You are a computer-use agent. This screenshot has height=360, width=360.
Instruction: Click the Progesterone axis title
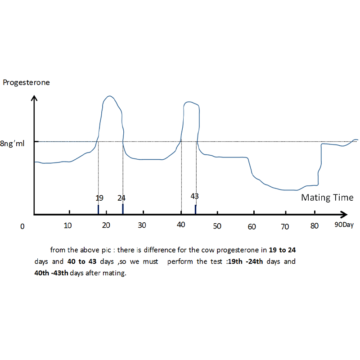pos(26,82)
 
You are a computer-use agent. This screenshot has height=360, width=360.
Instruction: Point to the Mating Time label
pos(327,198)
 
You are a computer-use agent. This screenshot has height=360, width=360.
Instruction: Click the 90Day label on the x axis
pos(344,224)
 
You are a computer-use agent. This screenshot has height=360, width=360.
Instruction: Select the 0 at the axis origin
pos(22,226)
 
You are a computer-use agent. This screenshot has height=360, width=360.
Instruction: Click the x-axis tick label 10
pos(67,225)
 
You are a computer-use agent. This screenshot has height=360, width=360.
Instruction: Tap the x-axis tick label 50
pos(216,225)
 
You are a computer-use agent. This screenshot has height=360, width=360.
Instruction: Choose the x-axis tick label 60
pos(252,226)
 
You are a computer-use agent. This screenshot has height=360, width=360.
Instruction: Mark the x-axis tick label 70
pos(285,226)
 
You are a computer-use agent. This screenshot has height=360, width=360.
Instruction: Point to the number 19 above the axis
pos(99,198)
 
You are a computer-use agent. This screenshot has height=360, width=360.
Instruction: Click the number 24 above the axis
pos(121,198)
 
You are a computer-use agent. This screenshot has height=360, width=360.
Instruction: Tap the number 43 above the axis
pos(194,196)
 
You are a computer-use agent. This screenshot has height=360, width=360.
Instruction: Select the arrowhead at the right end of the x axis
pos(344,215)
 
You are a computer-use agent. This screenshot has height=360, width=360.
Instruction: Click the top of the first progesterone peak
pos(109,96)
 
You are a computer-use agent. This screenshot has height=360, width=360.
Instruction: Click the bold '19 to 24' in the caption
pos(282,250)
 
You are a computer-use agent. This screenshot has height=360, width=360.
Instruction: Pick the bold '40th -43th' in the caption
pos(51,273)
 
